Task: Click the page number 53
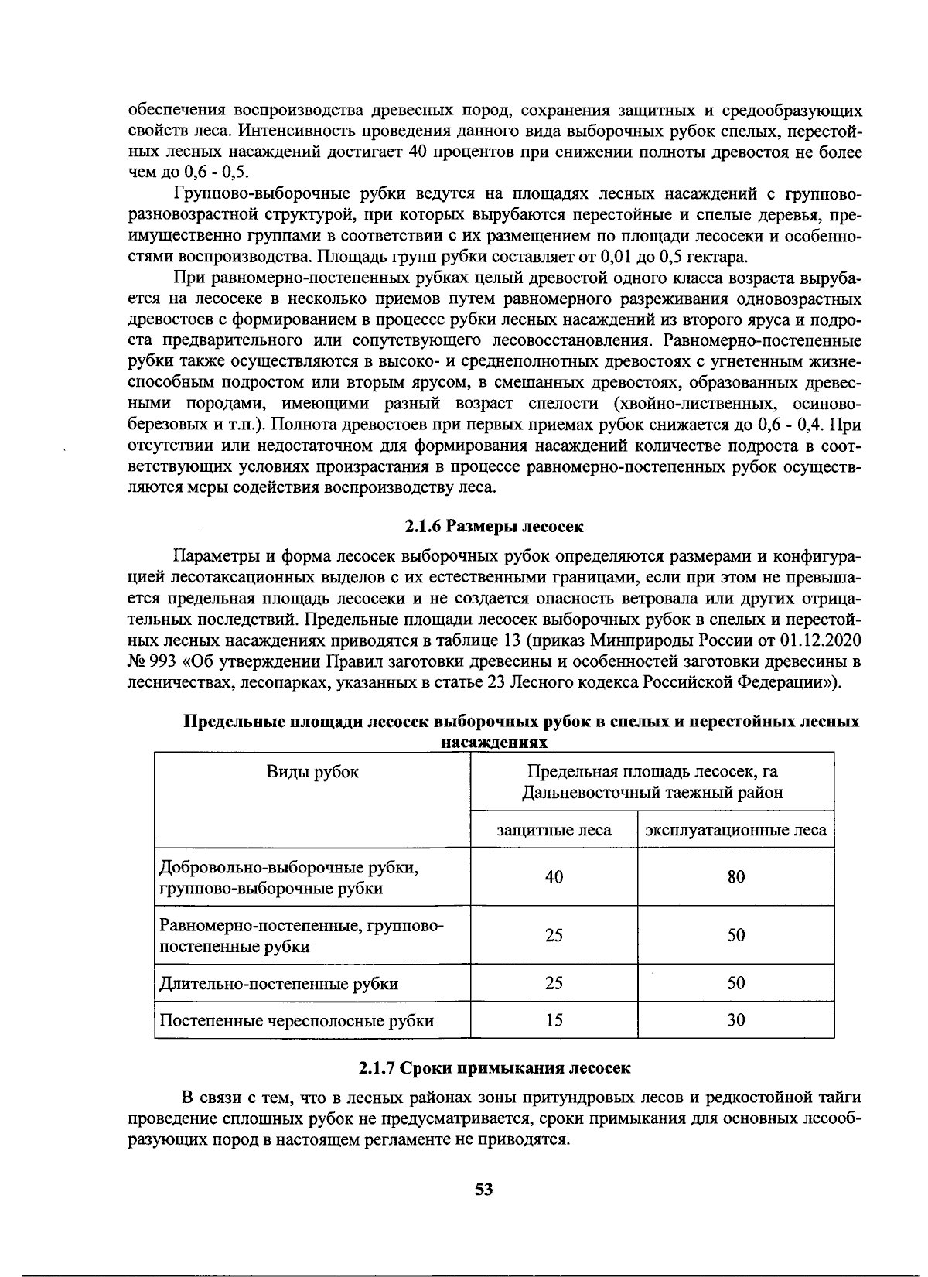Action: pyautogui.click(x=484, y=1189)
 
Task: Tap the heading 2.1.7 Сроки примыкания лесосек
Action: pyautogui.click(x=494, y=1067)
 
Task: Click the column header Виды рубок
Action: pyautogui.click(x=312, y=771)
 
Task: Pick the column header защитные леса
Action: pyautogui.click(x=554, y=830)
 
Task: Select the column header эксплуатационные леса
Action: pyautogui.click(x=735, y=830)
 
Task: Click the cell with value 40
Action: pyautogui.click(x=554, y=876)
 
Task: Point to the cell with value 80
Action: pyautogui.click(x=735, y=876)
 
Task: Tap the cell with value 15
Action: pyautogui.click(x=554, y=1019)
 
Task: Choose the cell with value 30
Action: pyautogui.click(x=735, y=1019)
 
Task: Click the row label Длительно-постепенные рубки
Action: pyautogui.click(x=279, y=983)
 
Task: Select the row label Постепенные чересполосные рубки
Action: pyautogui.click(x=296, y=1019)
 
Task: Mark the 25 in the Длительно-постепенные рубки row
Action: pyautogui.click(x=554, y=983)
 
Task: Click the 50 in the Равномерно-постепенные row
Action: pyautogui.click(x=735, y=934)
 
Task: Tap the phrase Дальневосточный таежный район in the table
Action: pyautogui.click(x=652, y=792)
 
